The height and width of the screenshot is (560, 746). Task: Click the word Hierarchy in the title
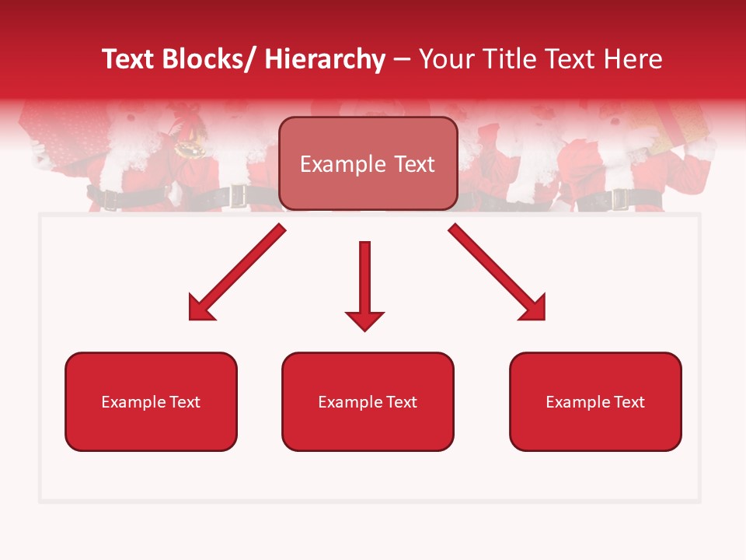(325, 59)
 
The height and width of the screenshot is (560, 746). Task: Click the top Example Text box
(368, 164)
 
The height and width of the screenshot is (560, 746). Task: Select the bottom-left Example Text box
(151, 402)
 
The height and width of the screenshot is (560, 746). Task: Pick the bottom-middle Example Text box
(368, 402)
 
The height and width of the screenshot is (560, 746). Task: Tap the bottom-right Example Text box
(595, 402)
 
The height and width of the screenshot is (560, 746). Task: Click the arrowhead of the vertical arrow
(364, 320)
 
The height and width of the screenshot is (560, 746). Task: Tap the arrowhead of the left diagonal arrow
(200, 310)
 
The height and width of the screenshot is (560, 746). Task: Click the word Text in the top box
(413, 164)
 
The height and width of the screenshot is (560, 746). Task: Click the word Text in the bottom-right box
(629, 402)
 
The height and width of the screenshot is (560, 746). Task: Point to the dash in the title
(401, 59)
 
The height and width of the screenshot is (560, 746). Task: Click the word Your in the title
(444, 59)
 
